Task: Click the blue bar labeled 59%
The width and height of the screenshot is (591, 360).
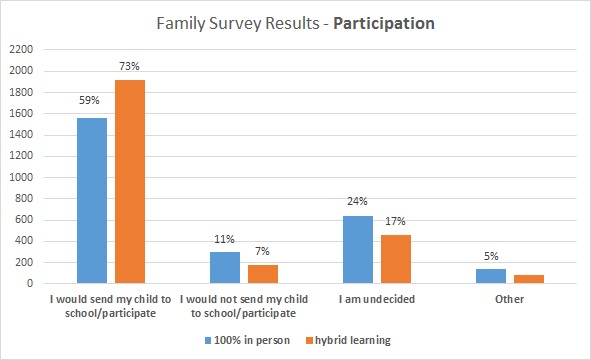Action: click(x=92, y=201)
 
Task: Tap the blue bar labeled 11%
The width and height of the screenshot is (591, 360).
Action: click(x=225, y=267)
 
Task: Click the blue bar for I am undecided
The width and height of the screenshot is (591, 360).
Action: click(x=357, y=250)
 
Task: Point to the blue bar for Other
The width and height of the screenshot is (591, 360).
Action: click(x=490, y=276)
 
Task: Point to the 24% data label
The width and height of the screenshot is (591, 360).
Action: click(x=357, y=203)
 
